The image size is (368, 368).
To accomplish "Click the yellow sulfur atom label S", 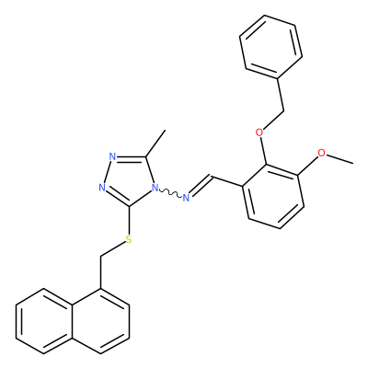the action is pos(129,239).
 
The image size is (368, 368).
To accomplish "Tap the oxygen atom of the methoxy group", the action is pos(321,153).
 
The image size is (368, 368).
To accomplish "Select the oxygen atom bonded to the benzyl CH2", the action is pos(259,132).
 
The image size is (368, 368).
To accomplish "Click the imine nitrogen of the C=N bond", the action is pos(186,198).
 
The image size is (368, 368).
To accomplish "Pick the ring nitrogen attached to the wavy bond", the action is pos(155,188).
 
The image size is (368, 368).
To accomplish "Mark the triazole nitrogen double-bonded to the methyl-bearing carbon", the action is pos(112,156).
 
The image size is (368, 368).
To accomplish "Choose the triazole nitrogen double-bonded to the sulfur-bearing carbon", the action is pos(102,188).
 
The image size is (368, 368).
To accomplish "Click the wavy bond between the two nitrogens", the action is pos(170,193).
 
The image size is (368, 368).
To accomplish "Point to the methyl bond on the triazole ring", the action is pos(155,144).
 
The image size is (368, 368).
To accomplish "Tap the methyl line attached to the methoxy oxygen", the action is pos(339,158).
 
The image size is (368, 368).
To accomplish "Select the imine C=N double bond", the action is pos(201,185).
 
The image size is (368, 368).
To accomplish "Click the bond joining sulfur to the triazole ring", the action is pos(129,220).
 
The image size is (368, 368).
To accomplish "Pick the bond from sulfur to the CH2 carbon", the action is pos(113,249).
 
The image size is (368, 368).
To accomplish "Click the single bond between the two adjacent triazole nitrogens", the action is pos(108,172).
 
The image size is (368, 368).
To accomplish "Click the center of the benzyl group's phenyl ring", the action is pos(270,46).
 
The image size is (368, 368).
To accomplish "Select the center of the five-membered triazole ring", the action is pos(130,179).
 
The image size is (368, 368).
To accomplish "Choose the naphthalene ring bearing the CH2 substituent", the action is pos(100,321).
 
